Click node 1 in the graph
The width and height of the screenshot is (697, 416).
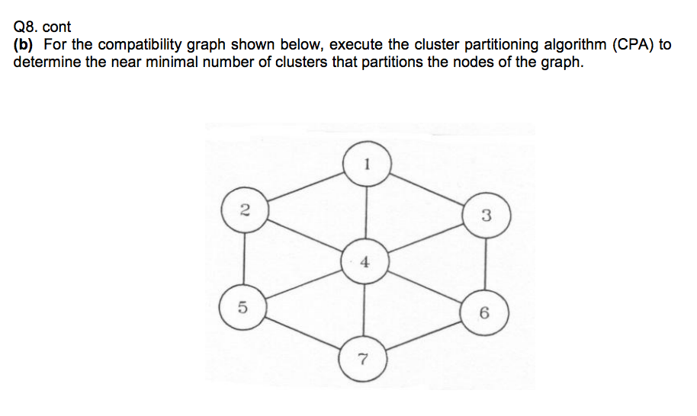pyautogui.click(x=367, y=162)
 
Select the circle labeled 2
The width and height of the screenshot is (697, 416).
pyautogui.click(x=243, y=210)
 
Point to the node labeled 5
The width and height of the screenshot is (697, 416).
pyautogui.click(x=243, y=308)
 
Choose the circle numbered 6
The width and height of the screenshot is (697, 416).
pyautogui.click(x=485, y=312)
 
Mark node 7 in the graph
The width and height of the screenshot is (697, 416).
pyautogui.click(x=363, y=358)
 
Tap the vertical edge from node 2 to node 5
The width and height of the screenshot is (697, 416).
pyautogui.click(x=243, y=259)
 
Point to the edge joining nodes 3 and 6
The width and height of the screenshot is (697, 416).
pyautogui.click(x=486, y=264)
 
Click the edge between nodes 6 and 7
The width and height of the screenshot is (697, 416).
pyautogui.click(x=424, y=335)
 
